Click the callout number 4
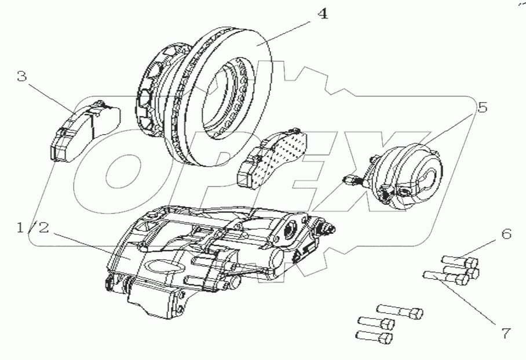coord(322,14)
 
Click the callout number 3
coord(21,76)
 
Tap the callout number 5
coord(481,107)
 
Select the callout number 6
coord(506,234)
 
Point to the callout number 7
coord(506,333)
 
